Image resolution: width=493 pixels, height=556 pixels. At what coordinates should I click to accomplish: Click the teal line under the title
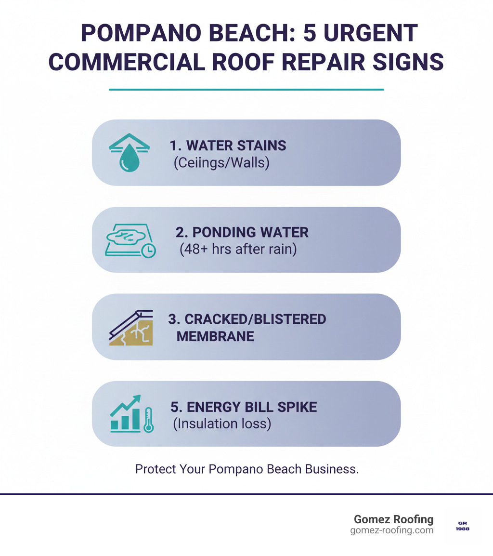tap(246, 90)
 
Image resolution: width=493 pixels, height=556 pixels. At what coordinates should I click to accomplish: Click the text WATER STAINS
tap(228, 146)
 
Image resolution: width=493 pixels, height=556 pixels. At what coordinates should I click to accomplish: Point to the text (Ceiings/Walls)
tap(221, 163)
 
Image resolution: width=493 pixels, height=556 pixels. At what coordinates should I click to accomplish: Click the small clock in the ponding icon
tap(149, 251)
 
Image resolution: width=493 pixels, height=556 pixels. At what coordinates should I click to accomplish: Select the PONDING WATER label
tap(242, 232)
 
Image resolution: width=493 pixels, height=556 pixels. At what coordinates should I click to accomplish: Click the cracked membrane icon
tap(131, 328)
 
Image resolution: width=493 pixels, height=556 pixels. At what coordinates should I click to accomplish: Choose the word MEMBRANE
tap(215, 336)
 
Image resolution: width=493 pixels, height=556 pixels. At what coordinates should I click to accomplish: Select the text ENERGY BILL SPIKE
tap(244, 407)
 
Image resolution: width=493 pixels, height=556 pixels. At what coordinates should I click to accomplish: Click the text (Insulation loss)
tap(222, 424)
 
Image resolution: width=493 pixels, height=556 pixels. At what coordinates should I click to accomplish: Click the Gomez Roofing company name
tap(393, 519)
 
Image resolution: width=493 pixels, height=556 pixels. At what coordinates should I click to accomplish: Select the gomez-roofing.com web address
tap(392, 530)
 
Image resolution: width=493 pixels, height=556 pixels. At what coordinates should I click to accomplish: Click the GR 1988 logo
tap(462, 526)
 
